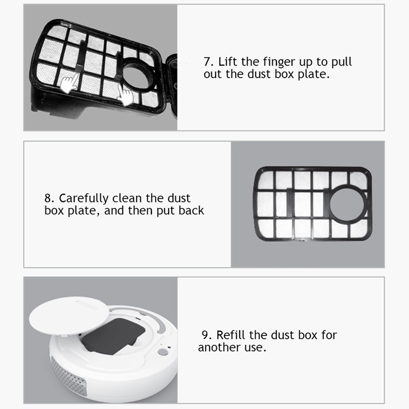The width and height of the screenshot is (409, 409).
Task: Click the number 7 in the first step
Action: click(x=207, y=62)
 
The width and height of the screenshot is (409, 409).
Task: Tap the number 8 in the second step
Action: click(x=48, y=198)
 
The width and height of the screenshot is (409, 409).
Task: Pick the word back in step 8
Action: click(x=191, y=210)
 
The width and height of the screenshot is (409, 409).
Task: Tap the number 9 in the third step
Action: click(x=205, y=335)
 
